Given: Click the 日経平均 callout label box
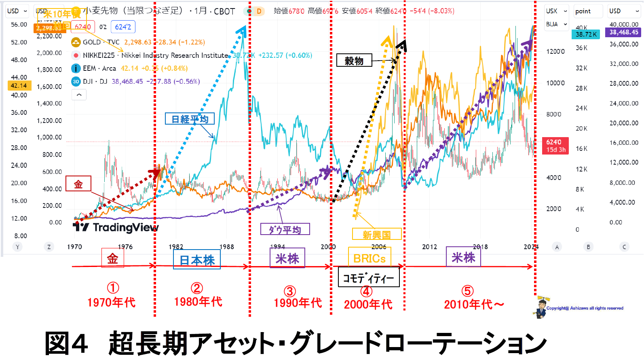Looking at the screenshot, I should coord(190,119).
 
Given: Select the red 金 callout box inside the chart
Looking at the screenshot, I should coord(78,184).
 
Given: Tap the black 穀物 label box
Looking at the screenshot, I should coord(354,61).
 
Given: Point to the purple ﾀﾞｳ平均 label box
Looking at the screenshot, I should coord(285,229).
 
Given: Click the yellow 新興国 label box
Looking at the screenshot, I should coord(376,234).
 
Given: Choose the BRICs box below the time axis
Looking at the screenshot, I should coord(370,258).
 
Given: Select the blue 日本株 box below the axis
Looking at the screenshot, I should coord(197,260).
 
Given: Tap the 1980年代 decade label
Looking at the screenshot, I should coord(198,301).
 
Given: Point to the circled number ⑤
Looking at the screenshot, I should coord(467,291).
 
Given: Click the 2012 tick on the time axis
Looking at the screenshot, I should coord(429,247).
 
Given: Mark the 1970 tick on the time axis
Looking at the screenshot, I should coord(74,247).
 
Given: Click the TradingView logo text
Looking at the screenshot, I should coord(125,227).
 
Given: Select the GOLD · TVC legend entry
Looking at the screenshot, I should coord(101,42).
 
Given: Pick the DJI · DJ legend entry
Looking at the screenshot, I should coord(95,81).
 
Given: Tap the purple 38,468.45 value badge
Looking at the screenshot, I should coord(623,32).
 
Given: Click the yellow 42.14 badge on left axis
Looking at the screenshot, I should coord(19,85).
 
